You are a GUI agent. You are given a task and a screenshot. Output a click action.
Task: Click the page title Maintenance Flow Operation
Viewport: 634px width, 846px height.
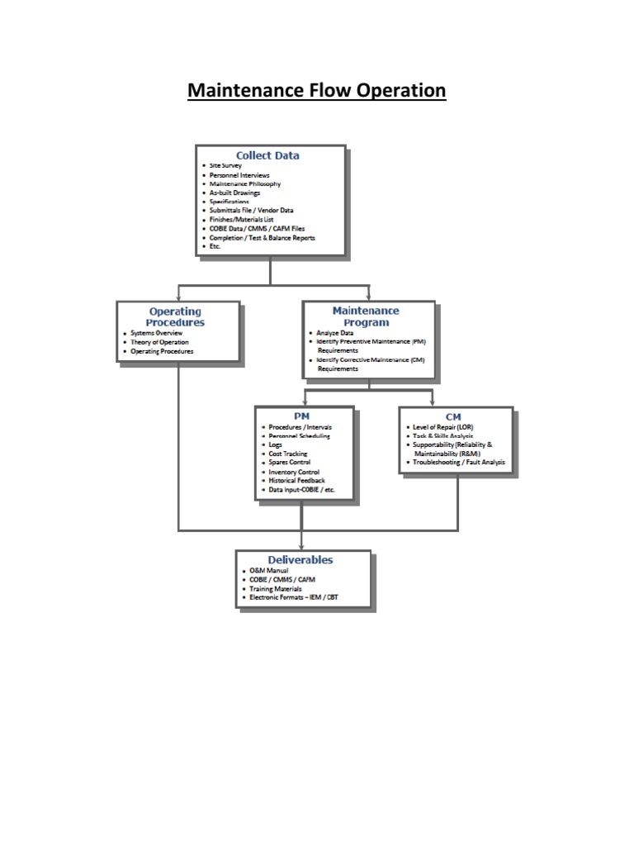pyautogui.click(x=316, y=90)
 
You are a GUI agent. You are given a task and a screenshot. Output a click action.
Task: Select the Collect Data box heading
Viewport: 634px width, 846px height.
pyautogui.click(x=267, y=155)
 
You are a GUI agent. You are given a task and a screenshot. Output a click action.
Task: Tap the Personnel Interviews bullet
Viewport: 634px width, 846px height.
pyautogui.click(x=239, y=175)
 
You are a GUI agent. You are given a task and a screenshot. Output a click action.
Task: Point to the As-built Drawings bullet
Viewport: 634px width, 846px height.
pyautogui.click(x=234, y=192)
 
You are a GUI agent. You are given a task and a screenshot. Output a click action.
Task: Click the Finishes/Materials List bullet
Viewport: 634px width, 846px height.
pyautogui.click(x=241, y=220)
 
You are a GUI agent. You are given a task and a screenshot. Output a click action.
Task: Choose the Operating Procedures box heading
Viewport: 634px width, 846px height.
pyautogui.click(x=175, y=316)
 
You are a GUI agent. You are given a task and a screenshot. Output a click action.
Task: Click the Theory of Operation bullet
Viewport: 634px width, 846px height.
pyautogui.click(x=159, y=342)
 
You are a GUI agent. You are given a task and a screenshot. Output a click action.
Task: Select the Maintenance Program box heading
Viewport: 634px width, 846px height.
pyautogui.click(x=366, y=316)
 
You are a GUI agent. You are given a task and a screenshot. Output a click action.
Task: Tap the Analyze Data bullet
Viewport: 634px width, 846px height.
pyautogui.click(x=335, y=333)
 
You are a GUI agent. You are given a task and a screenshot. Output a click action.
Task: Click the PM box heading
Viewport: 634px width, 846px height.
pyautogui.click(x=302, y=416)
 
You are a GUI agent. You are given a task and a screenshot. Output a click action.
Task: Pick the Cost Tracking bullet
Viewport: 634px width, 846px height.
pyautogui.click(x=288, y=454)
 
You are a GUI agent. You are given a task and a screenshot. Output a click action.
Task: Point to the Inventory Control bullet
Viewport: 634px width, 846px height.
pyautogui.click(x=294, y=472)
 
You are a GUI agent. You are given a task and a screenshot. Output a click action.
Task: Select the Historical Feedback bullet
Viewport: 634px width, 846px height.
pyautogui.click(x=296, y=480)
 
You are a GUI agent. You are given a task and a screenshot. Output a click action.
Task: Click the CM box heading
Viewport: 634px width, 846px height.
pyautogui.click(x=453, y=416)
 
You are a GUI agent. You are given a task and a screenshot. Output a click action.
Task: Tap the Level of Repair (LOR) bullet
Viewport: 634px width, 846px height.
pyautogui.click(x=443, y=427)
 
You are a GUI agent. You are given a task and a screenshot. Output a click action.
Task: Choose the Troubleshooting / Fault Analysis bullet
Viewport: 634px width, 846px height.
pyautogui.click(x=459, y=463)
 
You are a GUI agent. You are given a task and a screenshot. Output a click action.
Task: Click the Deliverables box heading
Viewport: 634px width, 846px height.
pyautogui.click(x=300, y=560)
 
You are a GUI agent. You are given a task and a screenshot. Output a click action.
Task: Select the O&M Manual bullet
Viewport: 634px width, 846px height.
pyautogui.click(x=268, y=570)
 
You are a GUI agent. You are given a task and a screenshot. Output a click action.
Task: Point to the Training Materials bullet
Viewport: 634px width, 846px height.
pyautogui.click(x=276, y=588)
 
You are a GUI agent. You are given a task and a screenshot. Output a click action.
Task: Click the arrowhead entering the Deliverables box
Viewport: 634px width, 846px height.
pyautogui.click(x=301, y=546)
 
